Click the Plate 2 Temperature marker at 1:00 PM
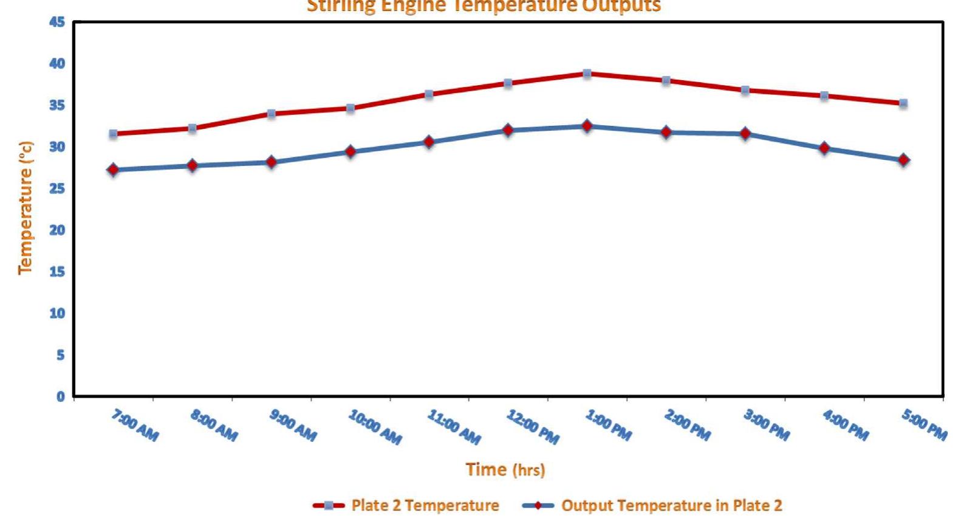pos(587,74)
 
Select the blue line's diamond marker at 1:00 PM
pos(587,126)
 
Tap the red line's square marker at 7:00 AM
pos(113,134)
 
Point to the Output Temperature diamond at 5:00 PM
pos(903,160)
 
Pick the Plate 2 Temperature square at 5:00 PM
pos(903,103)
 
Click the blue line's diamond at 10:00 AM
pos(351,151)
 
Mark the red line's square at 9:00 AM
pos(272,114)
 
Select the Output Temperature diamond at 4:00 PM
pos(824,148)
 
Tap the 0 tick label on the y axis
pos(60,396)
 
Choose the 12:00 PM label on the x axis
pos(533,427)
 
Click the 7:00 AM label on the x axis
pos(135,425)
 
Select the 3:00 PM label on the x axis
pos(767,425)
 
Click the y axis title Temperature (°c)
pos(25,207)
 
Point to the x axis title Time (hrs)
pos(505,469)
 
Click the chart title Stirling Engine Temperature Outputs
pos(484,7)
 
